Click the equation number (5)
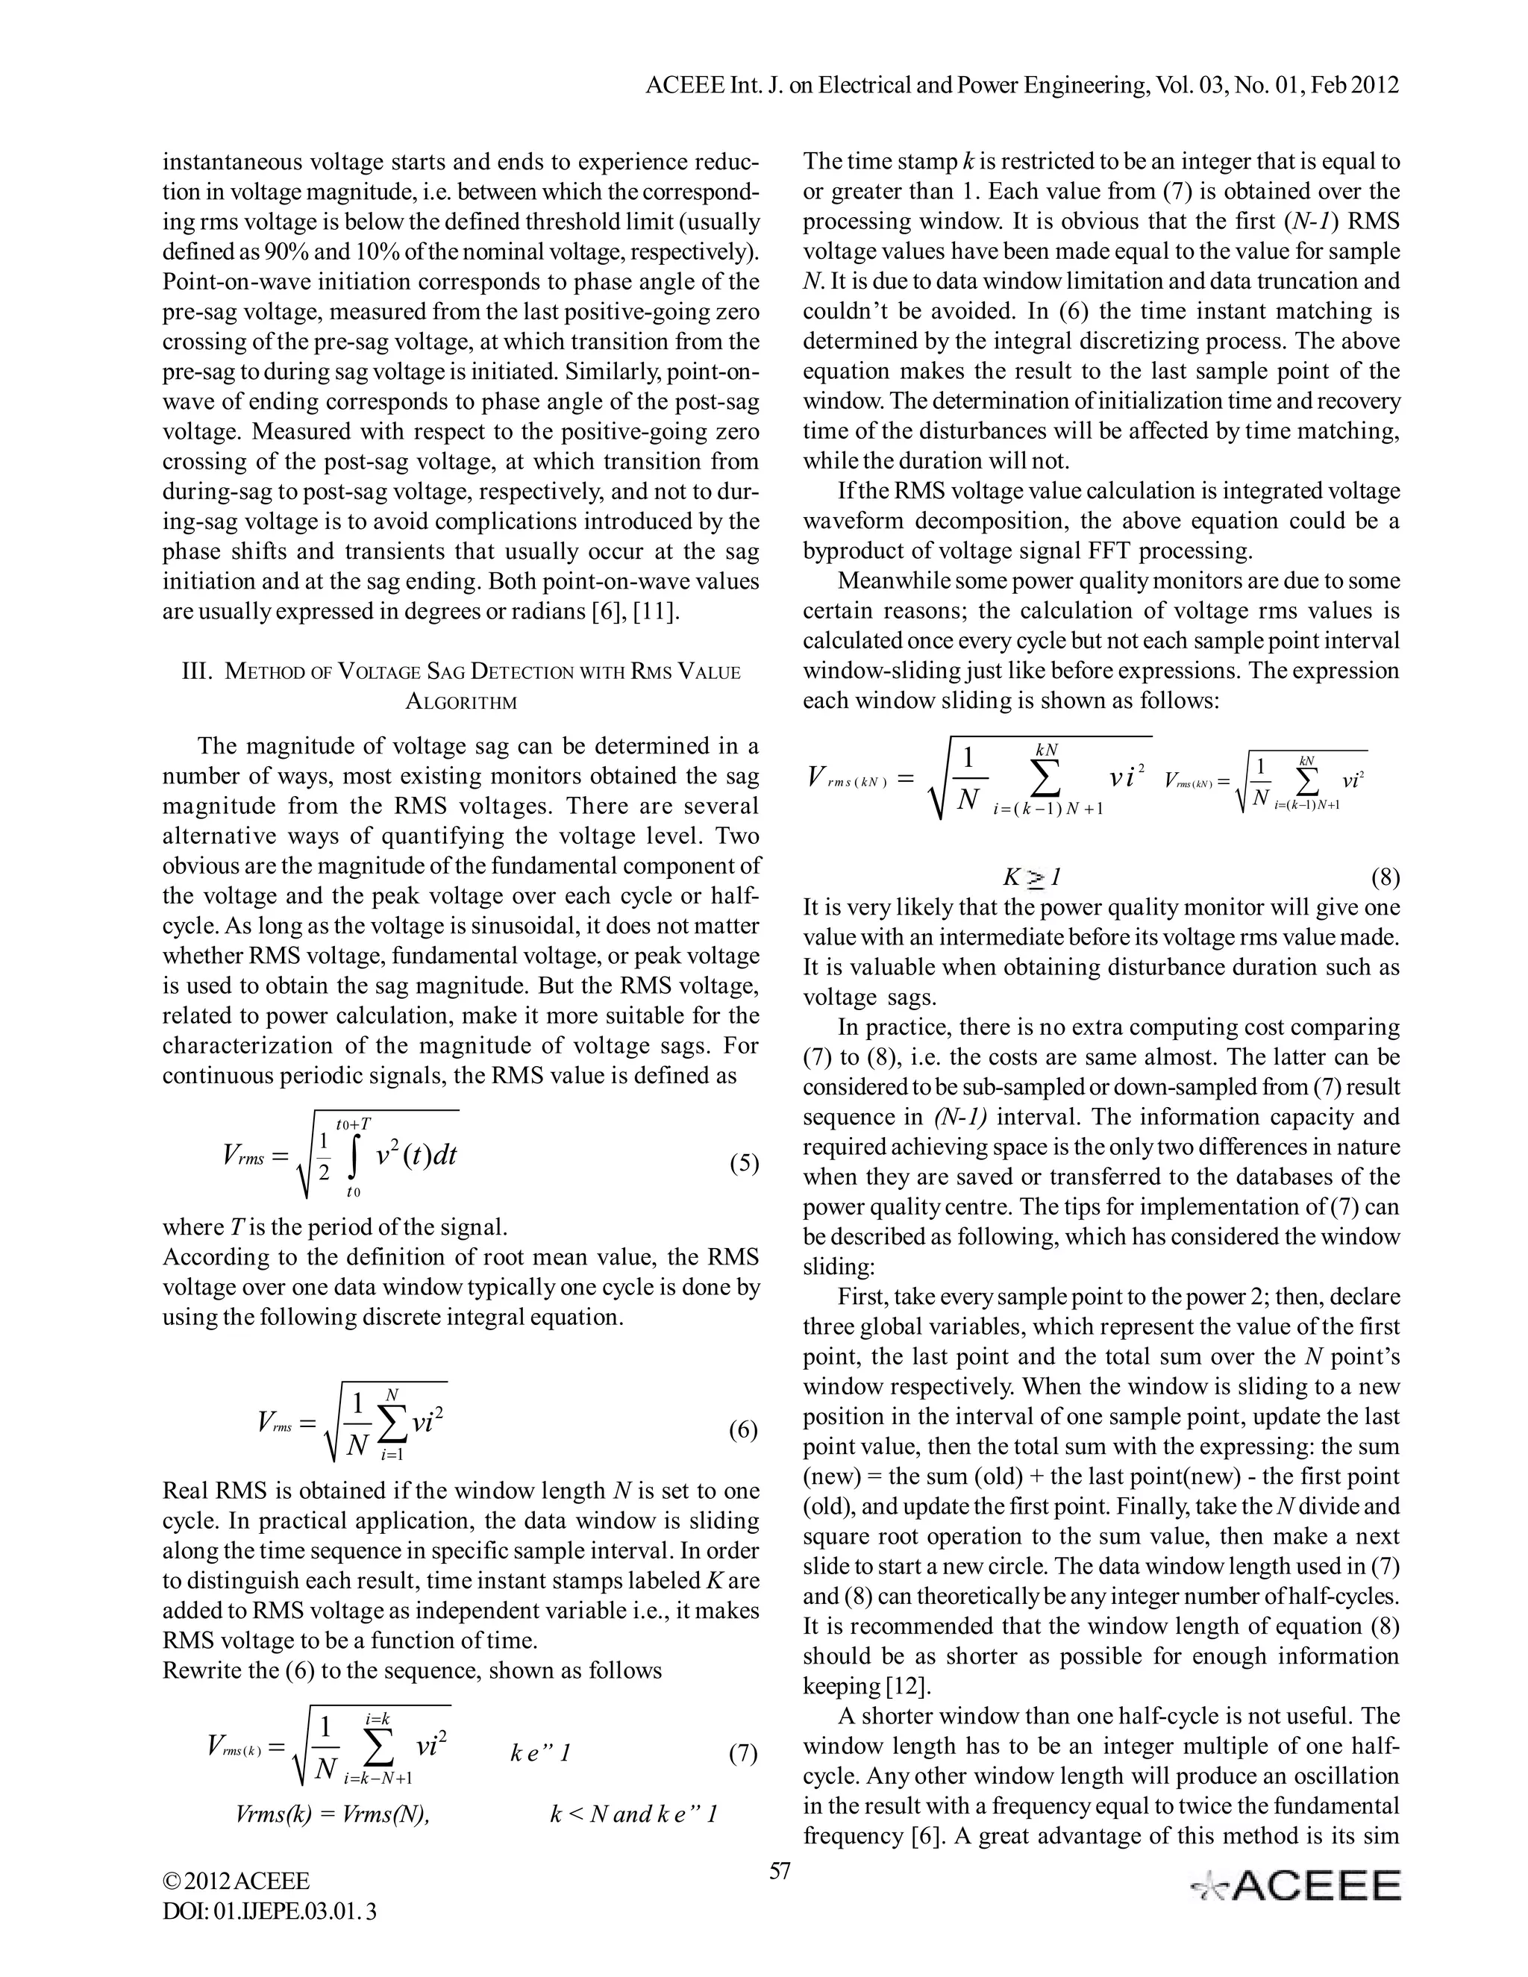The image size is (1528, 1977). pyautogui.click(x=743, y=1163)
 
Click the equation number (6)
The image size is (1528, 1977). pyautogui.click(x=743, y=1430)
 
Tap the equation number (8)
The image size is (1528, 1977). pyautogui.click(x=1384, y=877)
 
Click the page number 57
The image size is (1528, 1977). pyautogui.click(x=780, y=1871)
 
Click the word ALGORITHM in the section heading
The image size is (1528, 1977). pyautogui.click(x=461, y=701)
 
